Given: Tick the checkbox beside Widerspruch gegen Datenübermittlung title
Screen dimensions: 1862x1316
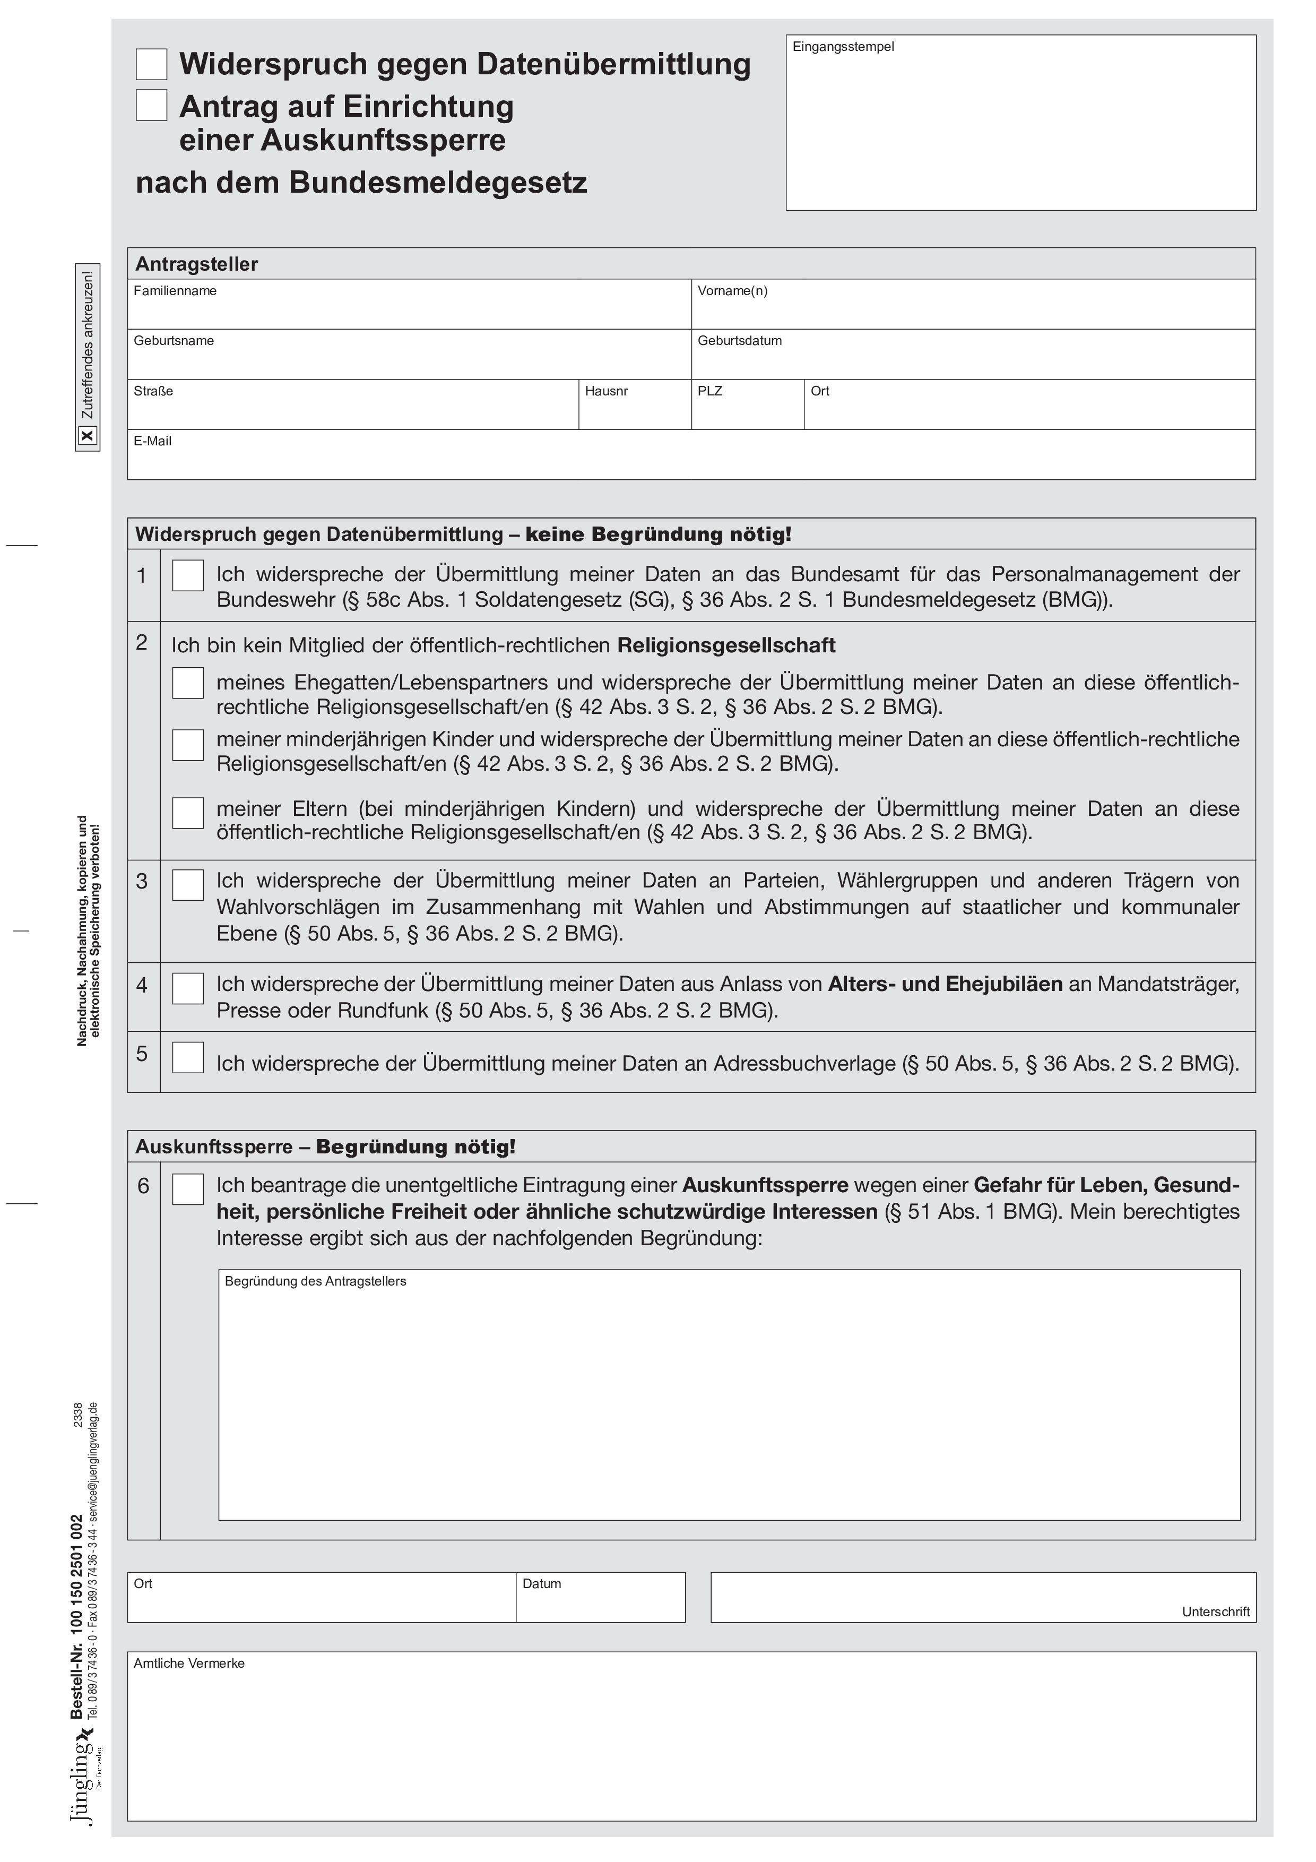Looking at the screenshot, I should [152, 64].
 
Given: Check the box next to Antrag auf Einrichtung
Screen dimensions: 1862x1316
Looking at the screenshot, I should [152, 106].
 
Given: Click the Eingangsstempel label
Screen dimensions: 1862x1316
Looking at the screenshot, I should [843, 47].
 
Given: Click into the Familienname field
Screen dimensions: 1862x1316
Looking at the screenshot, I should [410, 311].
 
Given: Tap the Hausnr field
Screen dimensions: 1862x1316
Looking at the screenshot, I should [635, 410].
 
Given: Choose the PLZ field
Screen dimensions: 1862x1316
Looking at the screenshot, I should [748, 410].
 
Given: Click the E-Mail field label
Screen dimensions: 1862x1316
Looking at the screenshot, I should [152, 441].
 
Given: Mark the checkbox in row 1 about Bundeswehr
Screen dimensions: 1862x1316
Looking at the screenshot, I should [188, 576].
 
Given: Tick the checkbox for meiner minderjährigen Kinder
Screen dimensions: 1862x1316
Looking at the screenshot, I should [188, 745].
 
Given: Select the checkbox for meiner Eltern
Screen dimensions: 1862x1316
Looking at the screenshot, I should [188, 813].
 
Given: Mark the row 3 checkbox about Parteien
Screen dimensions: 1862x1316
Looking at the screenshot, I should [188, 885].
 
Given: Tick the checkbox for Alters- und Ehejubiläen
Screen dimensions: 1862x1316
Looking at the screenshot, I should [188, 988].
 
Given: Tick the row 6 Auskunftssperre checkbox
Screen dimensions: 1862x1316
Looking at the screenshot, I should [188, 1189].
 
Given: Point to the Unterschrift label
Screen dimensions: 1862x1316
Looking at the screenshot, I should [1216, 1611].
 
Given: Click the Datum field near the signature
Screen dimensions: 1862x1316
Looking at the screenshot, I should [601, 1604].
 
